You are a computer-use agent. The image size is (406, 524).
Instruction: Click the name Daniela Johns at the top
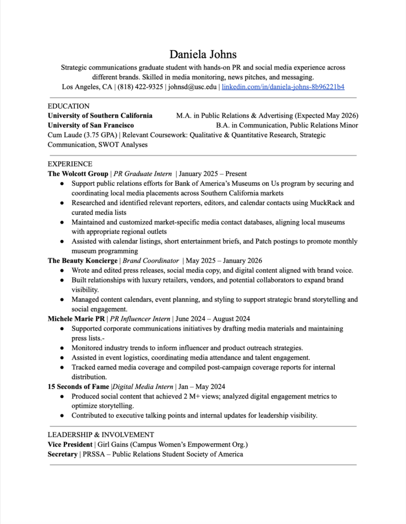coord(203,54)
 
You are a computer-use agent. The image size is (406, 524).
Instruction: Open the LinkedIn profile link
coord(283,87)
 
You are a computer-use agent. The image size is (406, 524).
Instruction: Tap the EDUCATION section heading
coord(68,106)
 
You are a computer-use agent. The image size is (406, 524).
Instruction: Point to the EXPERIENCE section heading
coord(70,164)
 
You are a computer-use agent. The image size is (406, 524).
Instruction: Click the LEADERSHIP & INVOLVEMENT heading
coord(101,434)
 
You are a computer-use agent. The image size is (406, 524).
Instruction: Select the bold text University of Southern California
coord(100,116)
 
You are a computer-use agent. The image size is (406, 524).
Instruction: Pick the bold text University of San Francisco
coord(91,125)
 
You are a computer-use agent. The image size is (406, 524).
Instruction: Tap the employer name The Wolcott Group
coord(78,174)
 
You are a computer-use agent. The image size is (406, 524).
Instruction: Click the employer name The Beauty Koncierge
coord(82,260)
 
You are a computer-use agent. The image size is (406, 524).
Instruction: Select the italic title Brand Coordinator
coord(151,260)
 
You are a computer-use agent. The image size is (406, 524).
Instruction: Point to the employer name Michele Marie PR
coord(76,319)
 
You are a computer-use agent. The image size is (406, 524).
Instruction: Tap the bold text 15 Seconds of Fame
coord(78,386)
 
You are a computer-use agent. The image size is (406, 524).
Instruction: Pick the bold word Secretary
coord(62,454)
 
